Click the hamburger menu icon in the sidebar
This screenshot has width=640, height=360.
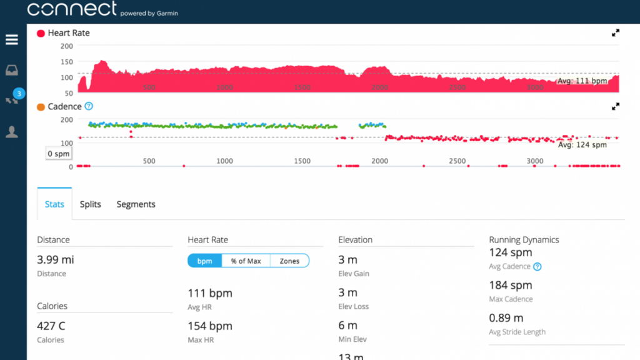(x=12, y=40)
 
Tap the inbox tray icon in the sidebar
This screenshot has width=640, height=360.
(x=12, y=70)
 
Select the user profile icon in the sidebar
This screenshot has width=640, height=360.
(x=12, y=131)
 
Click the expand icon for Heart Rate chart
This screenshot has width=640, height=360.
(x=616, y=33)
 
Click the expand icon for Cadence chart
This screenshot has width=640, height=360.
(x=616, y=107)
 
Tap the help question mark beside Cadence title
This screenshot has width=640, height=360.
(x=89, y=107)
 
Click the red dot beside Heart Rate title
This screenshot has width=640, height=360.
(x=41, y=33)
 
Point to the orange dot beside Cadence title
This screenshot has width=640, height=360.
(x=41, y=107)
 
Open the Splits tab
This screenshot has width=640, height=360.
(x=91, y=204)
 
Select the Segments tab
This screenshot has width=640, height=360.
(x=136, y=204)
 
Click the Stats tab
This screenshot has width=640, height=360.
(x=54, y=204)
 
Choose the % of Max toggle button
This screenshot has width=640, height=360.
(x=246, y=261)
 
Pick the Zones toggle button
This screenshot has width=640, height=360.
(x=289, y=261)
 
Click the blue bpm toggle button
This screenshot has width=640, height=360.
(x=204, y=261)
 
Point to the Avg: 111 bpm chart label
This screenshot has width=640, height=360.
(x=582, y=81)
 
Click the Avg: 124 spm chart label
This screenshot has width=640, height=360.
(x=582, y=145)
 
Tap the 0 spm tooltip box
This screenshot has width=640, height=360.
(x=58, y=154)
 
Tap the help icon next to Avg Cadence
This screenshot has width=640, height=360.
(x=537, y=267)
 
